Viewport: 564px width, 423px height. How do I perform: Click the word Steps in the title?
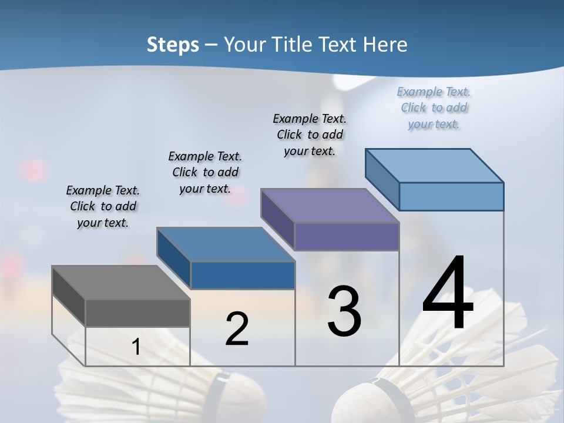[172, 45]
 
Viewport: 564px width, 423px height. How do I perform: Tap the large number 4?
[448, 293]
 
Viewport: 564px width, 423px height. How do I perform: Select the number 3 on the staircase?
[344, 311]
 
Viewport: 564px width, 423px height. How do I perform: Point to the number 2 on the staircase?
[237, 329]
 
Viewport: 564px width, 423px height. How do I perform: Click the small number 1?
[136, 347]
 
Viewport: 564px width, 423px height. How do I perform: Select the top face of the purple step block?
[330, 206]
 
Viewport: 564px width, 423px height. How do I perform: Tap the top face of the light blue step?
[434, 166]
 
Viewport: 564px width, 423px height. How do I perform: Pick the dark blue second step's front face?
[243, 275]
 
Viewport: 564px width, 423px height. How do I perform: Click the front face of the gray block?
[137, 313]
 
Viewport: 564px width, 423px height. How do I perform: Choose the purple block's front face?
[347, 236]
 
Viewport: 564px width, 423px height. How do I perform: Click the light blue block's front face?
[451, 196]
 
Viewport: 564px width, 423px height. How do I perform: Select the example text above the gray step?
[103, 206]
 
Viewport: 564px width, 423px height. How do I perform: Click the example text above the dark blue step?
[205, 172]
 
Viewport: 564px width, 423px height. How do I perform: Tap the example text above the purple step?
[310, 135]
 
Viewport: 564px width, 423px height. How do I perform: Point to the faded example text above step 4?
[434, 108]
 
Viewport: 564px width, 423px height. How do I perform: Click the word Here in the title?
[385, 45]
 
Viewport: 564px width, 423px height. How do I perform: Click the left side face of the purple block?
[277, 219]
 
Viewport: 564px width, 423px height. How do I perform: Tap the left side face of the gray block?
[69, 296]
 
